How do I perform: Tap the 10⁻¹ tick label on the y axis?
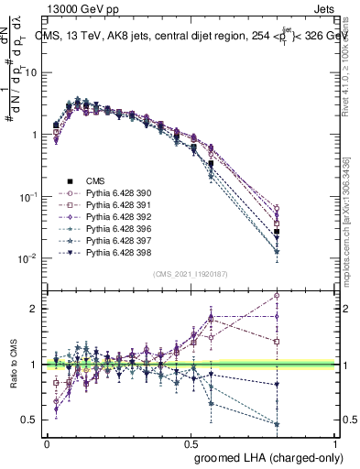[26, 197]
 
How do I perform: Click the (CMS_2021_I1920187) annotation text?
[191, 274]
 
